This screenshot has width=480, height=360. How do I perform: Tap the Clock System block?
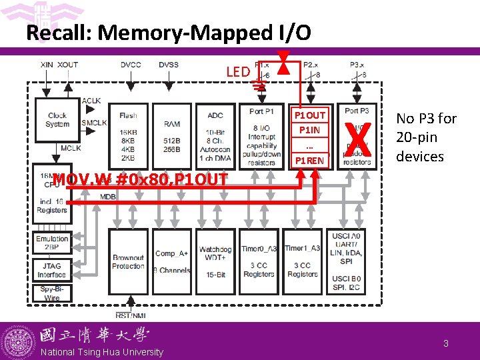[x=57, y=119]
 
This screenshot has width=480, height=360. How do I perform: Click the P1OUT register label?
[x=311, y=115]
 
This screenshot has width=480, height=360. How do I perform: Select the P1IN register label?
[x=311, y=130]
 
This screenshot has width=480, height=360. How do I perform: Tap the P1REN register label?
[x=311, y=161]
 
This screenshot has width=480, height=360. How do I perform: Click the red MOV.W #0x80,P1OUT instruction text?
[x=140, y=179]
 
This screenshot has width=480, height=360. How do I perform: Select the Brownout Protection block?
[x=128, y=261]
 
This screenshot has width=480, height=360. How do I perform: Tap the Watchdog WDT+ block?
[x=215, y=261]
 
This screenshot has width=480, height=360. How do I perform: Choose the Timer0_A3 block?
[x=259, y=261]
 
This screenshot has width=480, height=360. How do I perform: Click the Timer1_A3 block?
[x=303, y=261]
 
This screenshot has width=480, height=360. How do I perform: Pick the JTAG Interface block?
[x=52, y=270]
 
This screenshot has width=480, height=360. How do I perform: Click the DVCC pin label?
[x=131, y=64]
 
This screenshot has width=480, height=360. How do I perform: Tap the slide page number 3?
[x=445, y=343]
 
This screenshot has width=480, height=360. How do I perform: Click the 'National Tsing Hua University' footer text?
[x=101, y=352]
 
